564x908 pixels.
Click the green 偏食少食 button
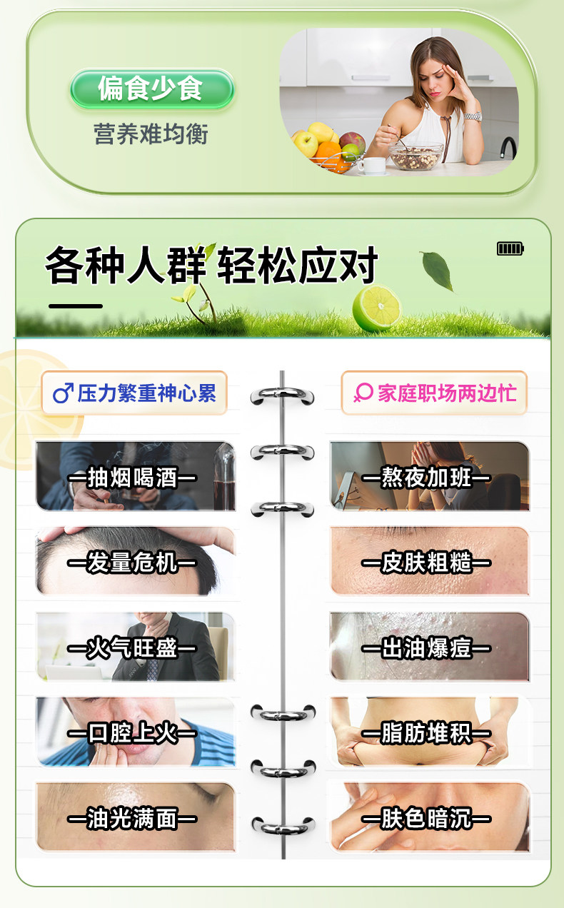pyautogui.click(x=151, y=89)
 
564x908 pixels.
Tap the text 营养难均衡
pyautogui.click(x=151, y=133)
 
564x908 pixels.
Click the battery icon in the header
pyautogui.click(x=510, y=248)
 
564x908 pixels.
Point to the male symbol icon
pyautogui.click(x=63, y=393)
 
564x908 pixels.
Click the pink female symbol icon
pyautogui.click(x=363, y=393)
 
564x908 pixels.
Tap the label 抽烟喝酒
pyautogui.click(x=132, y=478)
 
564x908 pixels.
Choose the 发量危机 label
pyautogui.click(x=132, y=563)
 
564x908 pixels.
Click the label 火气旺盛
pyautogui.click(x=132, y=648)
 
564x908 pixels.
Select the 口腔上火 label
pyautogui.click(x=132, y=733)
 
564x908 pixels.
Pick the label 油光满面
pyautogui.click(x=132, y=819)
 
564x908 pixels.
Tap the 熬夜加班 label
pyautogui.click(x=426, y=478)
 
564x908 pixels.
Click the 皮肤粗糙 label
pyautogui.click(x=426, y=563)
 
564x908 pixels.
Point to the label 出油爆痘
pyautogui.click(x=426, y=648)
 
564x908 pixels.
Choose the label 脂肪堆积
pyautogui.click(x=426, y=733)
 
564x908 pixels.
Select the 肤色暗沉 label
pyautogui.click(x=426, y=819)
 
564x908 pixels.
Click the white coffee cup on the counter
pyautogui.click(x=371, y=165)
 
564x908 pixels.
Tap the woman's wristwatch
pyautogui.click(x=473, y=116)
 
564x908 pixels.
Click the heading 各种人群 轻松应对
pyautogui.click(x=211, y=266)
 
